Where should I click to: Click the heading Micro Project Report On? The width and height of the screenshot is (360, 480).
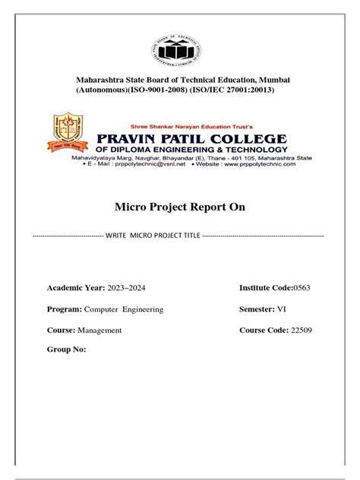tap(180, 207)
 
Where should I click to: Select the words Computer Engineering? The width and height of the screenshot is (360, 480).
tap(124, 309)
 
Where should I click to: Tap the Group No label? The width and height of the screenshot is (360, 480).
tap(67, 350)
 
